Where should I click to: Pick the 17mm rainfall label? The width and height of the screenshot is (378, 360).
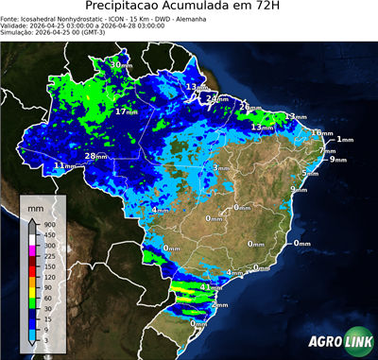[125, 111]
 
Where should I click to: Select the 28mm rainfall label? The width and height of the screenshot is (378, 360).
[95, 156]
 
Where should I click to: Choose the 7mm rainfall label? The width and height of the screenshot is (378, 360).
[327, 150]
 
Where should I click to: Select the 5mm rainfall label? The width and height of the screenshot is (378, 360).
[310, 174]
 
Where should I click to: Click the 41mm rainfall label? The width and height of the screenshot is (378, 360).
[210, 286]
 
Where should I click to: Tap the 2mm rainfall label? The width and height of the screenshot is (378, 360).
[218, 305]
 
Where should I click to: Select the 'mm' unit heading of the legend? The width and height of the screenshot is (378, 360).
[35, 206]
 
